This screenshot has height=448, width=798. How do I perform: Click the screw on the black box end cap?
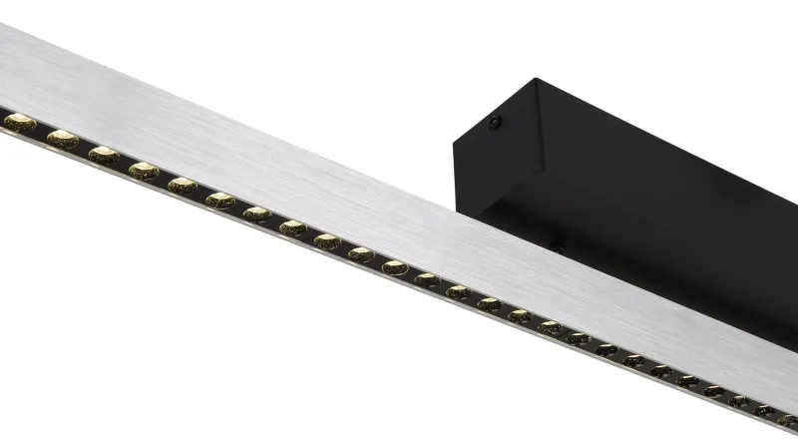click(494, 123)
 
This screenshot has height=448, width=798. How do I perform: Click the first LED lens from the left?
click(19, 123)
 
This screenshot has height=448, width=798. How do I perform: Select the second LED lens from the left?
click(62, 139)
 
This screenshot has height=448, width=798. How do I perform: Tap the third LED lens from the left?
click(103, 155)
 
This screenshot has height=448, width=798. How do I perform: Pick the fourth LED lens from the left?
click(143, 171)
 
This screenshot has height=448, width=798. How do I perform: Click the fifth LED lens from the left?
click(183, 186)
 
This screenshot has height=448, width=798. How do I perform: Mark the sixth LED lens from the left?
click(220, 201)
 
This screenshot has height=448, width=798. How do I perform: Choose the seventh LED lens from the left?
click(257, 215)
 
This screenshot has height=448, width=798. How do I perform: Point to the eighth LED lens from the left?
click(292, 228)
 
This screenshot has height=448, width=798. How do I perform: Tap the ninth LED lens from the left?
click(327, 241)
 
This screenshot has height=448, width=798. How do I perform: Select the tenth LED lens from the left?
click(361, 254)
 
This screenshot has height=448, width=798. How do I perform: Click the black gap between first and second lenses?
click(41, 131)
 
